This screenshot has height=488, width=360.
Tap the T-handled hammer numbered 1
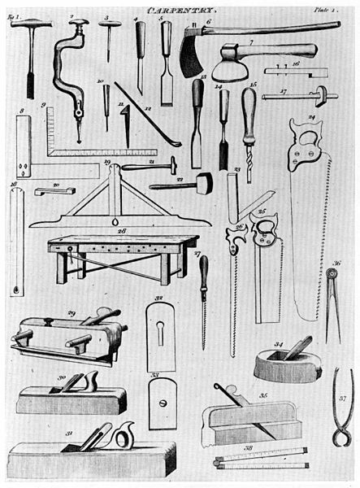[x=30, y=53]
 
